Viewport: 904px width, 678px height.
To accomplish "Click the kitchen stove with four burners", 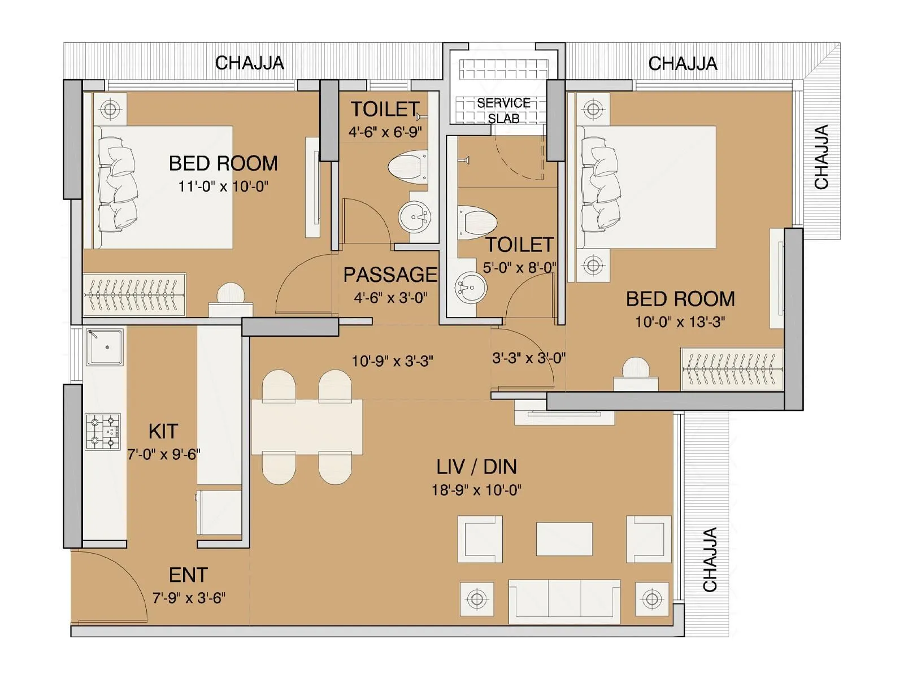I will tap(103, 432).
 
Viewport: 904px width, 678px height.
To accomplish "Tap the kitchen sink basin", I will tap(105, 347).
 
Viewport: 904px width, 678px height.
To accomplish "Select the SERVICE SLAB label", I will tap(503, 111).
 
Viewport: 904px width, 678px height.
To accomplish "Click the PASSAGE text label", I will tap(390, 275).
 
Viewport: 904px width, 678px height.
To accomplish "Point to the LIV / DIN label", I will tap(476, 467).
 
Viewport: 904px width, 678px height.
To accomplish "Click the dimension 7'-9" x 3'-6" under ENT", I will tap(189, 598).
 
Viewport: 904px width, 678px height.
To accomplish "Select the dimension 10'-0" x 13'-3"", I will tap(680, 322).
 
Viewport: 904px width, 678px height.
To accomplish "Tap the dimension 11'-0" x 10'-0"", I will tap(223, 186).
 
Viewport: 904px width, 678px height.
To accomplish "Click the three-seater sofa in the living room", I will tap(564, 601).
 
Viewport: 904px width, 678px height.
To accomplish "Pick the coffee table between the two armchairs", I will tap(564, 539).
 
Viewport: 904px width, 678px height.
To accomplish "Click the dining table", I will tap(307, 427).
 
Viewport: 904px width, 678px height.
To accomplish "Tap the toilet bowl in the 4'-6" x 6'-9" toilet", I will tap(408, 166).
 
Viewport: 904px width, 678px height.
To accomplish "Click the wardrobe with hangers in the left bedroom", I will tap(134, 294).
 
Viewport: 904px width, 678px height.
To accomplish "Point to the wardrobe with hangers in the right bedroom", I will tap(732, 369).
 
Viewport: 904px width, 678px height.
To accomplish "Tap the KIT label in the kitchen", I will tap(163, 432).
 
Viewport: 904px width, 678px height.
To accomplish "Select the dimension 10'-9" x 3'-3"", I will tap(392, 361).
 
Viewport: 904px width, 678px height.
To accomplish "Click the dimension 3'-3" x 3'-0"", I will tap(529, 358).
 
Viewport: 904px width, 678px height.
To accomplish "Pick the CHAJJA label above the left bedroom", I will tap(249, 63).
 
